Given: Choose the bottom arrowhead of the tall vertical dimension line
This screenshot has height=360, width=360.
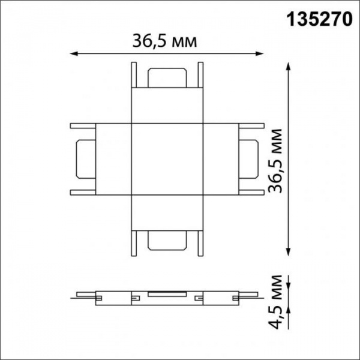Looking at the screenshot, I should pyautogui.click(x=289, y=252).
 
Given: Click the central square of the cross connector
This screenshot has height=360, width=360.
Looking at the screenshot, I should pyautogui.click(x=167, y=160).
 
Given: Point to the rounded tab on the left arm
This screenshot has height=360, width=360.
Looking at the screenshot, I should pyautogui.click(x=83, y=160).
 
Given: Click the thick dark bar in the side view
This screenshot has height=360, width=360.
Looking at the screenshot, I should pyautogui.click(x=167, y=293).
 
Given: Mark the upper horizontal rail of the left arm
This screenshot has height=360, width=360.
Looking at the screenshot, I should pyautogui.click(x=84, y=127).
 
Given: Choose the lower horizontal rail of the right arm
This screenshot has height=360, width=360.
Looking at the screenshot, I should pyautogui.click(x=250, y=193).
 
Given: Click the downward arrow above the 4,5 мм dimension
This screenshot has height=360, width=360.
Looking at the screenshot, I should pyautogui.click(x=289, y=282).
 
